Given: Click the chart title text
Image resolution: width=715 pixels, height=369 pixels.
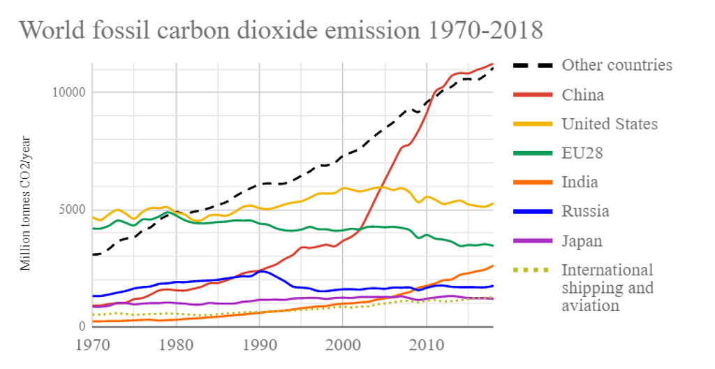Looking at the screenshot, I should (x=281, y=31).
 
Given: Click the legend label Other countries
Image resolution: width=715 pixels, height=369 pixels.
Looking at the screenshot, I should (x=617, y=65).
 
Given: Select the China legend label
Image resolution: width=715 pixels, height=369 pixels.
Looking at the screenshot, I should (x=583, y=94).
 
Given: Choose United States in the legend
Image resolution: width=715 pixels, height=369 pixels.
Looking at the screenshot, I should (x=610, y=124).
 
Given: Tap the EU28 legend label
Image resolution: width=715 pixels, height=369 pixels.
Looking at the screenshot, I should (x=582, y=153).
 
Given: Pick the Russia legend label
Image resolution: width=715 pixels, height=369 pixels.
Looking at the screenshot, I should (x=585, y=211).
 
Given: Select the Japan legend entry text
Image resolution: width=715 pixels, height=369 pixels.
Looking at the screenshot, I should (x=582, y=240).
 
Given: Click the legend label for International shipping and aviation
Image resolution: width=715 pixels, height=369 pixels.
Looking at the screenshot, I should (x=607, y=287).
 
